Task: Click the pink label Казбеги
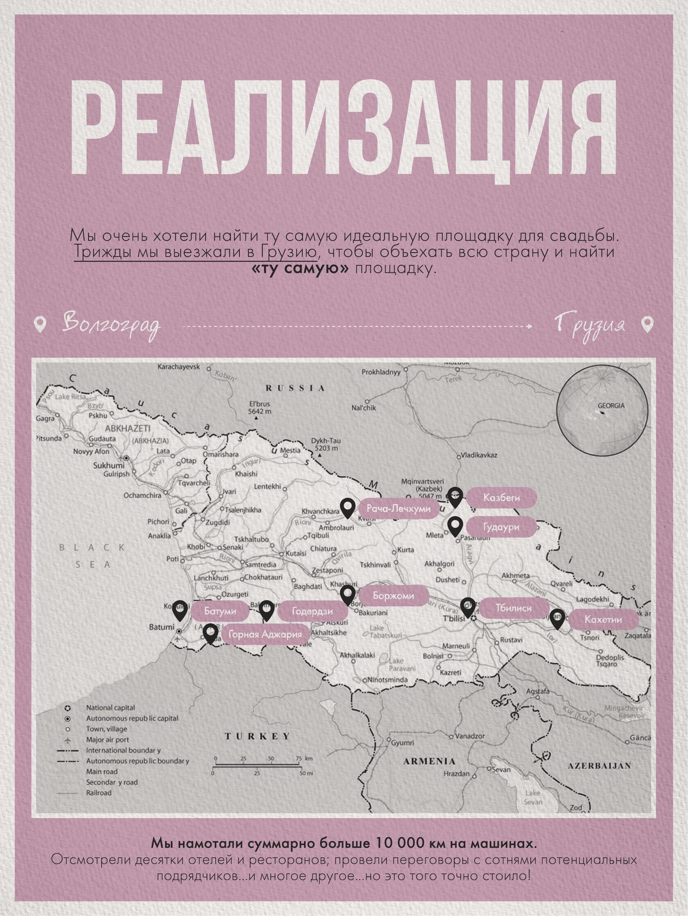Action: tap(501, 498)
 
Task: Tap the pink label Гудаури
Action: tap(501, 527)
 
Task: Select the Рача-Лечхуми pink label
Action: tap(399, 509)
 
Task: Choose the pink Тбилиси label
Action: tap(514, 608)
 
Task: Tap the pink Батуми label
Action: tap(220, 611)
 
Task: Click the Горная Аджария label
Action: tap(266, 635)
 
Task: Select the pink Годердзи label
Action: tap(312, 611)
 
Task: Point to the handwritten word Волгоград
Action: tap(111, 325)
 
